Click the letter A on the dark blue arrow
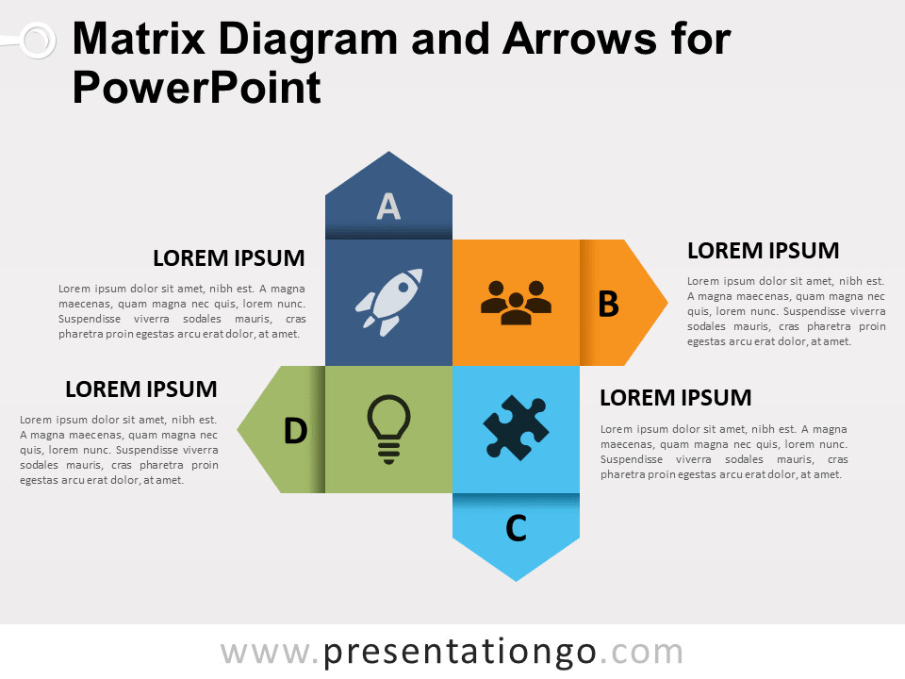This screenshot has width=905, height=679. (388, 206)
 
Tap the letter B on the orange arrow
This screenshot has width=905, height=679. (609, 304)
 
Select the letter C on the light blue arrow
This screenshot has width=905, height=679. (516, 529)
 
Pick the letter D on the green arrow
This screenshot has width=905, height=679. (295, 431)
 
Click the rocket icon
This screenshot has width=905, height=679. (387, 303)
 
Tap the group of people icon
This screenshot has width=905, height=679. (516, 302)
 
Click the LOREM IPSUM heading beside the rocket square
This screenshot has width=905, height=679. (228, 258)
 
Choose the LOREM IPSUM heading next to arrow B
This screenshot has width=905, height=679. (763, 251)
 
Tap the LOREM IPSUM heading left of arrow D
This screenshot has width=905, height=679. (140, 389)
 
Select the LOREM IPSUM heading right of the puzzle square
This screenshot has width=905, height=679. (675, 398)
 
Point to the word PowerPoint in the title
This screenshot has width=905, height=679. (196, 89)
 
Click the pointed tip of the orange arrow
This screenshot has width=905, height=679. (665, 303)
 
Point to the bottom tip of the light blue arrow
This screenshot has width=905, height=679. (516, 578)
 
